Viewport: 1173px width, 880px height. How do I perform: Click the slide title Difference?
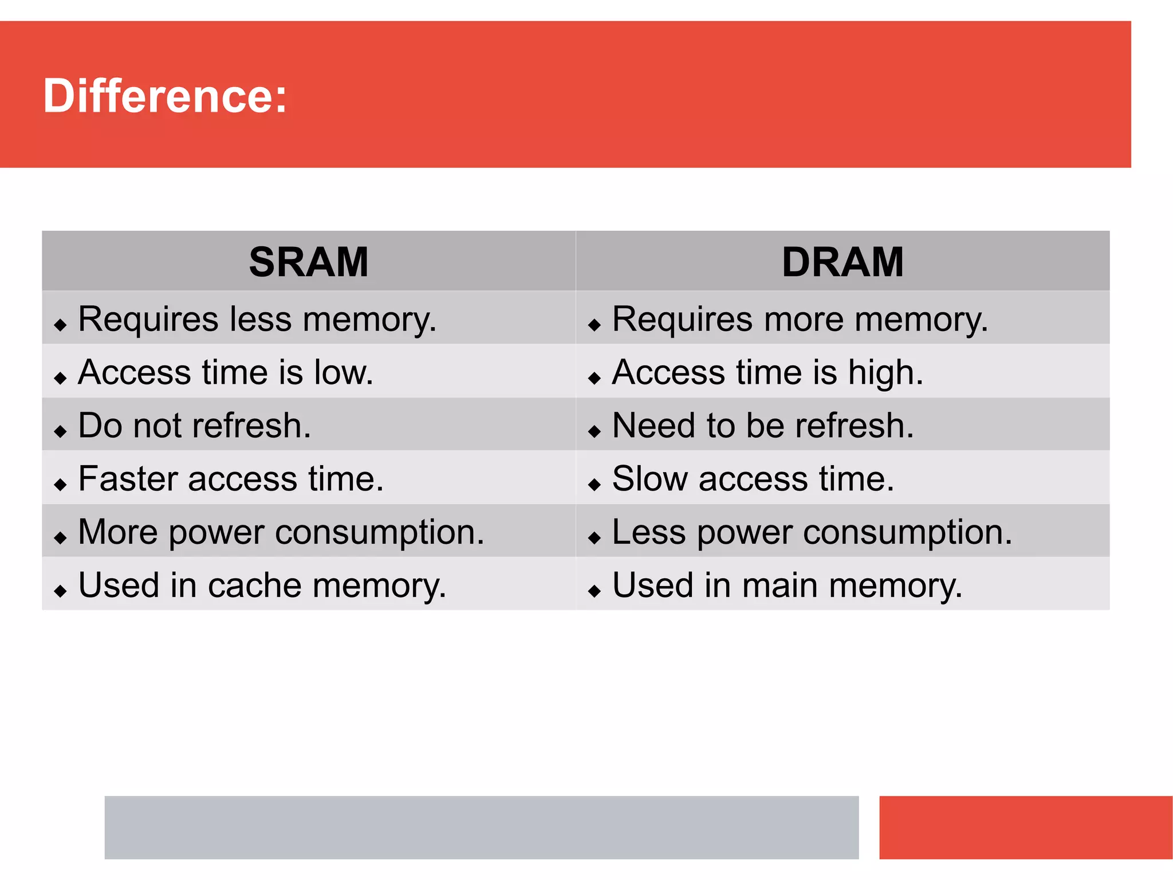(x=165, y=96)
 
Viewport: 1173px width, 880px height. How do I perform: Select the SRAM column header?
(x=309, y=262)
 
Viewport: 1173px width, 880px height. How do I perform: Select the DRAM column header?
(x=843, y=262)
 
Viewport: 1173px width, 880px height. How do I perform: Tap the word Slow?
(x=649, y=479)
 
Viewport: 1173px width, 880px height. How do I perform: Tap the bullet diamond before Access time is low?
(x=60, y=378)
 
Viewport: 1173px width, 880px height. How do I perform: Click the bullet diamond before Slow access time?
(x=595, y=485)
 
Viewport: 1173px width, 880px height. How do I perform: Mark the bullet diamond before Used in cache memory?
(x=60, y=591)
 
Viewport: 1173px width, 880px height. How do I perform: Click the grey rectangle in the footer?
(x=481, y=827)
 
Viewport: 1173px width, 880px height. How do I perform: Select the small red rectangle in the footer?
(x=1025, y=827)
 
